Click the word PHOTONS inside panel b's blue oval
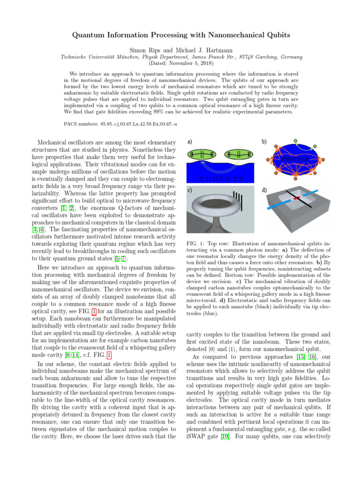tap(294, 159)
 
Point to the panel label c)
tap(189, 190)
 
